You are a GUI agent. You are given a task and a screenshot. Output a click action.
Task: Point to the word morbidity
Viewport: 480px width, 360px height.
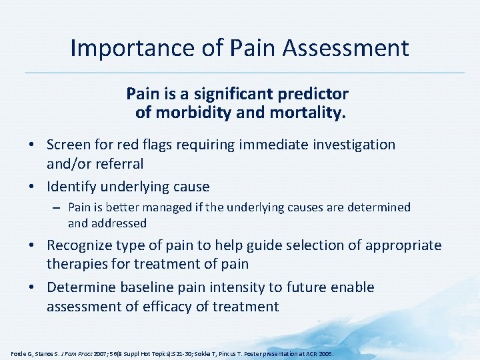coord(193,113)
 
